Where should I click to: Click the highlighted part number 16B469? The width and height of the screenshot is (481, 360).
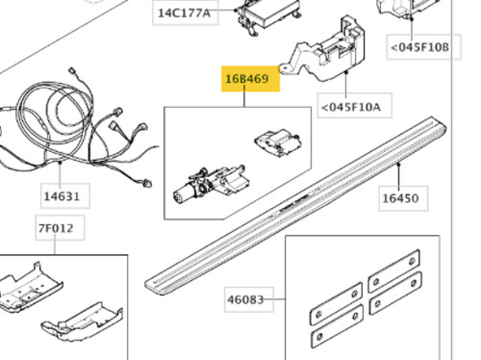(x=247, y=79)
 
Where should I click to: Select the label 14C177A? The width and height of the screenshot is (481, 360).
(x=185, y=13)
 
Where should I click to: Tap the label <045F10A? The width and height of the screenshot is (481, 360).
(x=351, y=107)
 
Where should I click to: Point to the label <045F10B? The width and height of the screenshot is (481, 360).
(x=420, y=47)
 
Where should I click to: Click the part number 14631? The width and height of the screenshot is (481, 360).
(x=62, y=196)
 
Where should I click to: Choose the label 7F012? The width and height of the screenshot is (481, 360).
(x=56, y=228)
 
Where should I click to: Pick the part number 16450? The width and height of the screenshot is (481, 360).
(x=400, y=198)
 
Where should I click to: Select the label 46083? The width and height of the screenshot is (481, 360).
(x=245, y=299)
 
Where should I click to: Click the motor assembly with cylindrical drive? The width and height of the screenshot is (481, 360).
(x=210, y=185)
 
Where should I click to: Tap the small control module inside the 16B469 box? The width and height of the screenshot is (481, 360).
(x=278, y=142)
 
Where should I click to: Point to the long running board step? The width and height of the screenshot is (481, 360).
(x=295, y=205)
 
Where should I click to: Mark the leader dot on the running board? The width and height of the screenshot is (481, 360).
(x=398, y=165)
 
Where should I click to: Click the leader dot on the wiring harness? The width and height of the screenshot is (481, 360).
(x=60, y=163)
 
